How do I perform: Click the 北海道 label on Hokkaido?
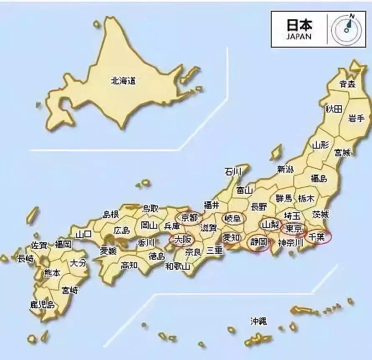(x=123, y=81)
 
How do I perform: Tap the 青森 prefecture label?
(x=347, y=84)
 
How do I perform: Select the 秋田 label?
(x=334, y=109)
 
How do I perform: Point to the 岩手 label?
(x=357, y=118)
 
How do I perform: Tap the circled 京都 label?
(x=189, y=218)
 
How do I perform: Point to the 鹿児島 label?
(x=42, y=304)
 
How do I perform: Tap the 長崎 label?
(x=25, y=259)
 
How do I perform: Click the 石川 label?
(x=233, y=171)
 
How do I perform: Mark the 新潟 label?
(x=285, y=169)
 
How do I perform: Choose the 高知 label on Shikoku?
(x=130, y=265)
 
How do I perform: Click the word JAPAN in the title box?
(x=299, y=36)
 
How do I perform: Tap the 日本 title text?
(x=299, y=25)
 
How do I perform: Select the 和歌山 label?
(x=178, y=266)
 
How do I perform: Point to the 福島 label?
(x=318, y=178)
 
